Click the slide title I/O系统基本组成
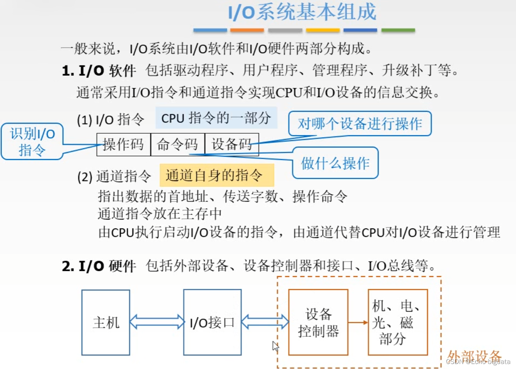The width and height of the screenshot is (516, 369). pos(302,12)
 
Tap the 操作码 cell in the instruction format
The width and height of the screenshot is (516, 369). pos(123,144)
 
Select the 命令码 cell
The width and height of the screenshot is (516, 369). pos(178,144)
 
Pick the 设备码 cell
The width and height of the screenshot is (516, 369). pos(231,144)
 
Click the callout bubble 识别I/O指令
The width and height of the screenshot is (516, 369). pos(32,141)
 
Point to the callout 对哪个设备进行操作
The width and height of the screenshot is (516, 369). pos(360,124)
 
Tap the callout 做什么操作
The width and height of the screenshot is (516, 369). pos(335,163)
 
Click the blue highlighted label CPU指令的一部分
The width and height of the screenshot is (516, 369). pos(216,118)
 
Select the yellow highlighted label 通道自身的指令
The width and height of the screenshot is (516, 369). pos(216,175)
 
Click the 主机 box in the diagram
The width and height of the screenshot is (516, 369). pos(106,322)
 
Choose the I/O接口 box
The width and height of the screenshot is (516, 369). pos(212,322)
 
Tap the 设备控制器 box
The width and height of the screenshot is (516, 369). pos(318,322)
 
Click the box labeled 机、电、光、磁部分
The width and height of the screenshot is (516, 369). pos(397,322)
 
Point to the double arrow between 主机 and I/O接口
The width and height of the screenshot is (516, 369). pos(157,322)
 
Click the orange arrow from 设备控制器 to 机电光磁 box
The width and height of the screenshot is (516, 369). pos(358,322)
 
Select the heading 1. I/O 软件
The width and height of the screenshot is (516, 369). pos(99,70)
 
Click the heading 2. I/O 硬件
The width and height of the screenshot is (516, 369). pos(99,266)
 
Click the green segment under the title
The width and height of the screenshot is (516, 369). pos(398,30)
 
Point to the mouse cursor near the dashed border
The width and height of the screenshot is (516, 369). pos(275,346)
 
